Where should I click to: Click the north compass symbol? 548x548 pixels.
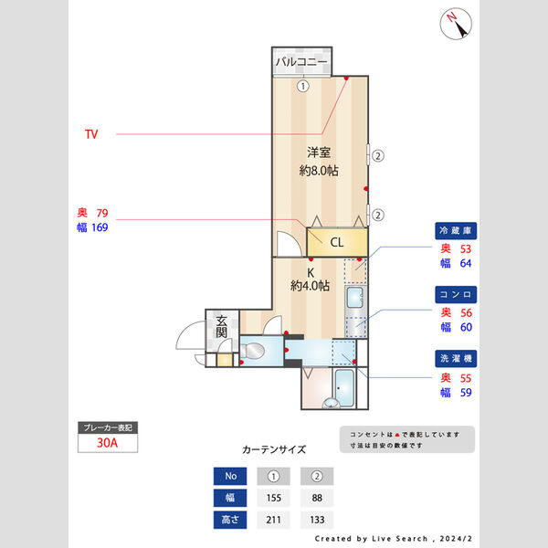[456, 24]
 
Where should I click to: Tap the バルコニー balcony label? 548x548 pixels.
[301, 62]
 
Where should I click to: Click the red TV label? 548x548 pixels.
[91, 134]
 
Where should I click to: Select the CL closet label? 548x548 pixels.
[337, 242]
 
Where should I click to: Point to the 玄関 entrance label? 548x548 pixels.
[222, 327]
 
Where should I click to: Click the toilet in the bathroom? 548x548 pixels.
[252, 350]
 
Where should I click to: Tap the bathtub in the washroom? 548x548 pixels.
[344, 387]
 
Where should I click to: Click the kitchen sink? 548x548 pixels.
[355, 298]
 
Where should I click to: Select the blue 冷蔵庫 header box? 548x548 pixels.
[456, 231]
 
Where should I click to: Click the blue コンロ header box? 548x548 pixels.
[456, 295]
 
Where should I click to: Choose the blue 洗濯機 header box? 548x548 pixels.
[456, 359]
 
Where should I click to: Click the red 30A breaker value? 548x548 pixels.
[107, 443]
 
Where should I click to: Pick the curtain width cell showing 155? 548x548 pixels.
[274, 498]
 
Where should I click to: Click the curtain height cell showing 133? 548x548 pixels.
[317, 520]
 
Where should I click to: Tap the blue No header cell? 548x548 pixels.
[230, 476]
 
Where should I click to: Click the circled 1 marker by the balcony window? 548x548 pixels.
[303, 86]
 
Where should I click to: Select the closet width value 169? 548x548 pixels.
[100, 227]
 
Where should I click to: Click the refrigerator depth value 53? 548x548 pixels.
[466, 248]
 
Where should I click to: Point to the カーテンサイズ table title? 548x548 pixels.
[274, 449]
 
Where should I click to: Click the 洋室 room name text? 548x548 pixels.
[319, 153]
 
